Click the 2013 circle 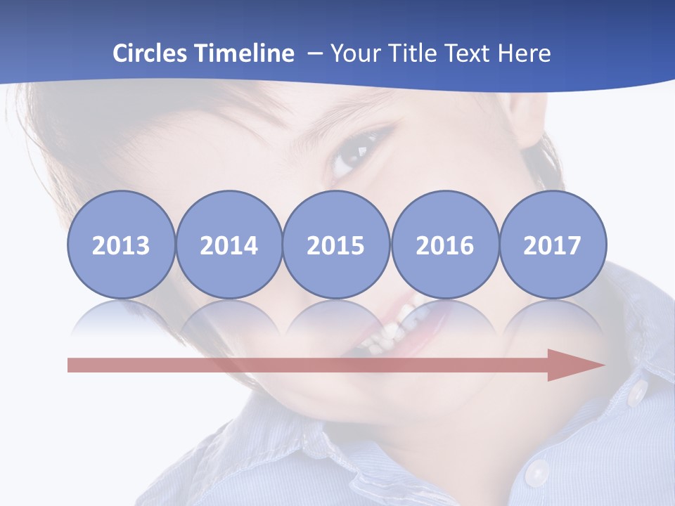click(x=121, y=245)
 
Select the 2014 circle click(x=229, y=245)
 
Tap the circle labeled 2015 click(x=336, y=245)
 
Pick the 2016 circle click(x=444, y=245)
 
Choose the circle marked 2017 click(x=553, y=245)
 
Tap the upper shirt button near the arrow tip click(x=637, y=393)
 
